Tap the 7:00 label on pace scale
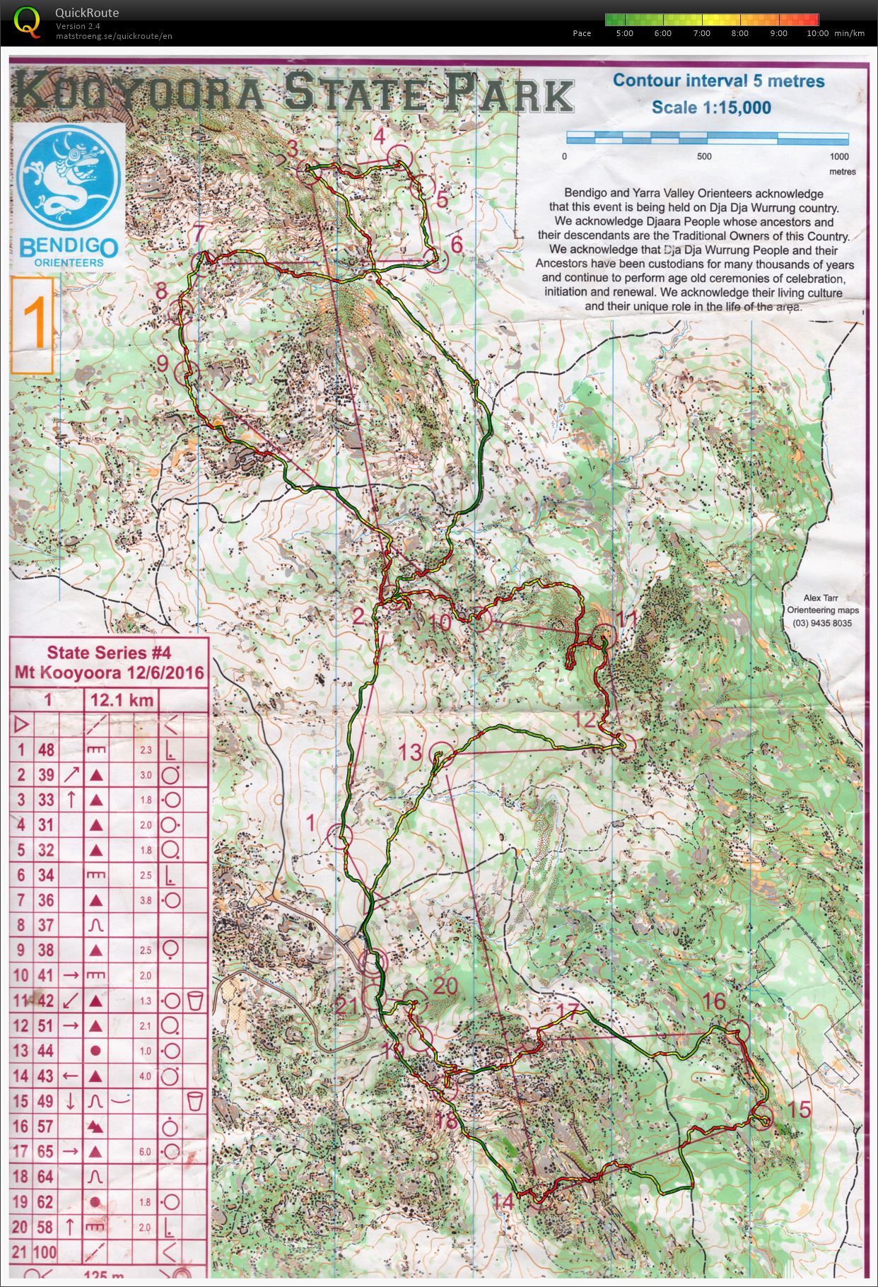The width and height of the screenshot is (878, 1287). point(701,33)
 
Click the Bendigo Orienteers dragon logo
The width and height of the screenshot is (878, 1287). point(69,177)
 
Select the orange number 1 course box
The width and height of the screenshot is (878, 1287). point(33,325)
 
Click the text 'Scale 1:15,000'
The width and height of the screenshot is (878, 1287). point(710,107)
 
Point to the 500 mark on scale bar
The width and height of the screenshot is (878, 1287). point(704,156)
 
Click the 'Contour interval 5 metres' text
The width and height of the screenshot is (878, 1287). point(718,81)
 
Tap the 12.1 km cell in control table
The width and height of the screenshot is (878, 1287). point(122,700)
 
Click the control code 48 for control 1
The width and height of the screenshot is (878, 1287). point(47,750)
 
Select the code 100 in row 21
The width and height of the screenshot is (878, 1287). point(45,1252)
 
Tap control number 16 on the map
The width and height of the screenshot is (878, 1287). point(714,1001)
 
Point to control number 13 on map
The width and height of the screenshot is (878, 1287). point(410,752)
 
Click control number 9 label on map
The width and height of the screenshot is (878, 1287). point(162,363)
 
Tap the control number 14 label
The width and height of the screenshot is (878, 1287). point(503,1201)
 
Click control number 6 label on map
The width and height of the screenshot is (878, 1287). point(457,244)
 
